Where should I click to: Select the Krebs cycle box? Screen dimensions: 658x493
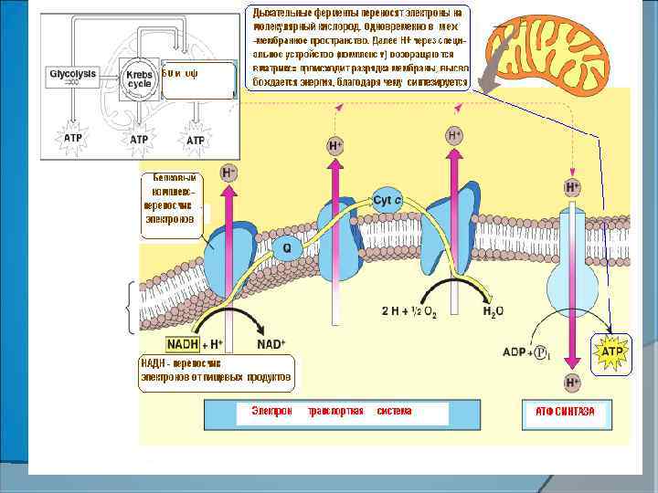[139, 77]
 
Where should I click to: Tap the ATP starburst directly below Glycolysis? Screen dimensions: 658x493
[73, 139]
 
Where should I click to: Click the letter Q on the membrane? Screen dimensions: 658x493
[286, 247]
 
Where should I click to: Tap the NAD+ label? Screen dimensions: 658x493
[271, 345]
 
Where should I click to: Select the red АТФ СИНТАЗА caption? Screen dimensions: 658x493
[564, 413]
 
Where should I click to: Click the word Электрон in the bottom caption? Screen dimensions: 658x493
[271, 411]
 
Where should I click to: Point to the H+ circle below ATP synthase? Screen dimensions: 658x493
[572, 382]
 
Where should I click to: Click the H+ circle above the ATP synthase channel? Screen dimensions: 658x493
[572, 187]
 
